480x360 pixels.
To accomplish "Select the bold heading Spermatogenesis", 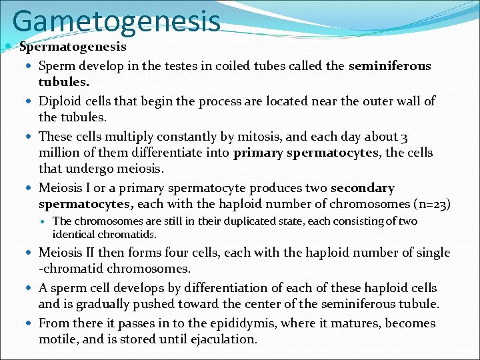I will [x=73, y=47].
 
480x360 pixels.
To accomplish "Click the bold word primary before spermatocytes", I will [x=258, y=153].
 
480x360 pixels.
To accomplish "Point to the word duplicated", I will [x=247, y=221].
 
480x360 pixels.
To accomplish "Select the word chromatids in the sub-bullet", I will [x=127, y=235].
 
